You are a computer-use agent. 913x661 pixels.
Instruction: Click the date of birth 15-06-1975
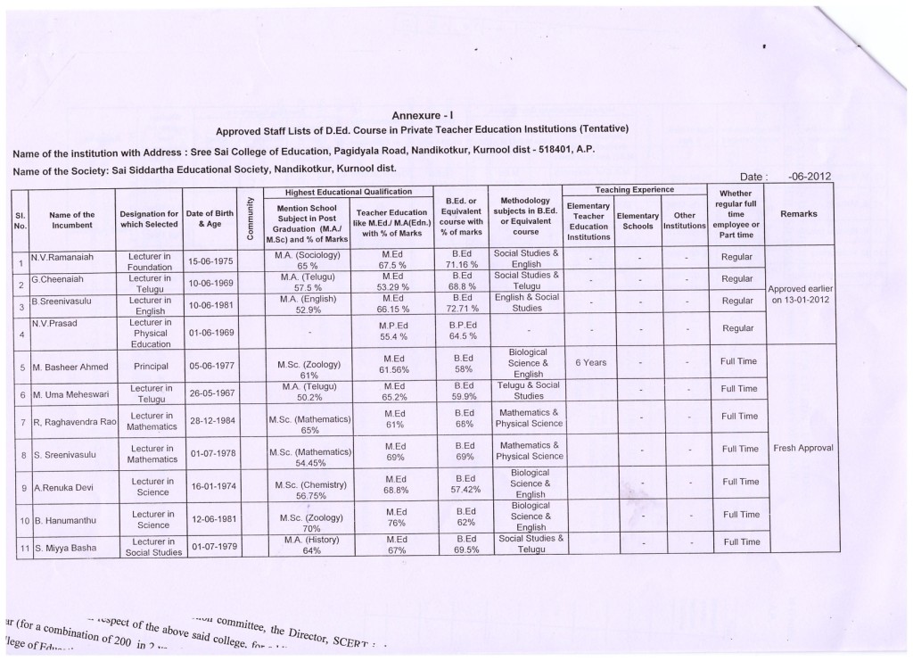210,261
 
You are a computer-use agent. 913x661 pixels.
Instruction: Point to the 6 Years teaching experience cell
589,363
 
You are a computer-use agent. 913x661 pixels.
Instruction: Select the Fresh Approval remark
803,448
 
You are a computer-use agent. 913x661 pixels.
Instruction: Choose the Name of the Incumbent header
72,219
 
